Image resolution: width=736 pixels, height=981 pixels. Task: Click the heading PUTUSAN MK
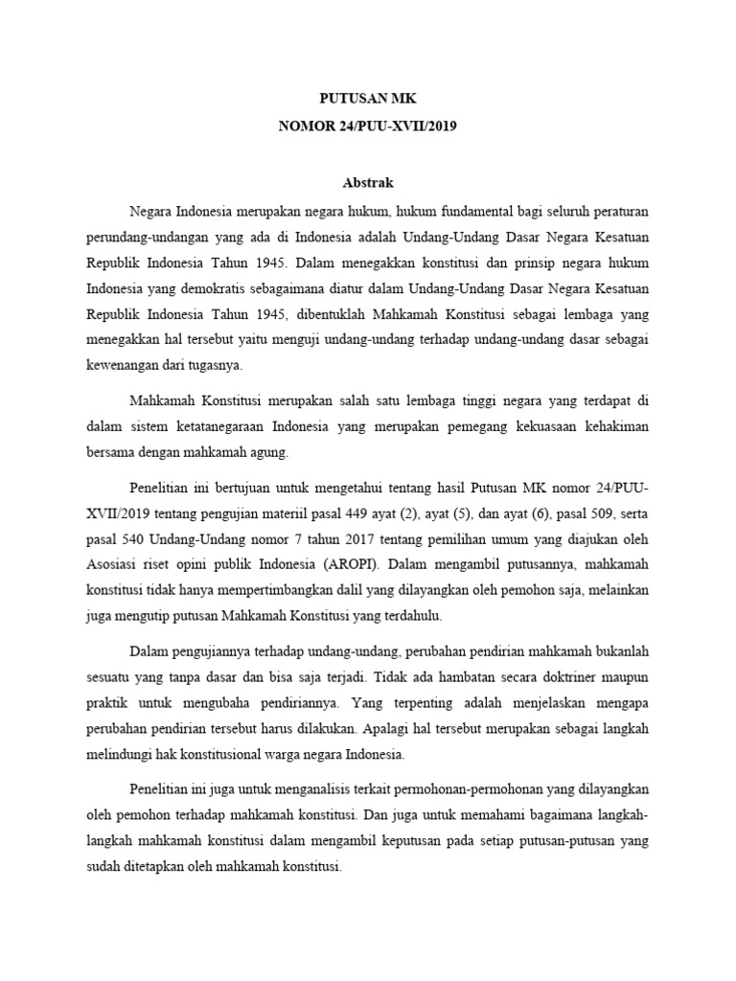[368, 99]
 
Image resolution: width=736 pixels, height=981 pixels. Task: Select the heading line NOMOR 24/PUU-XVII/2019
[368, 125]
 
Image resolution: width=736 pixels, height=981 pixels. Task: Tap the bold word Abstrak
[368, 182]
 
